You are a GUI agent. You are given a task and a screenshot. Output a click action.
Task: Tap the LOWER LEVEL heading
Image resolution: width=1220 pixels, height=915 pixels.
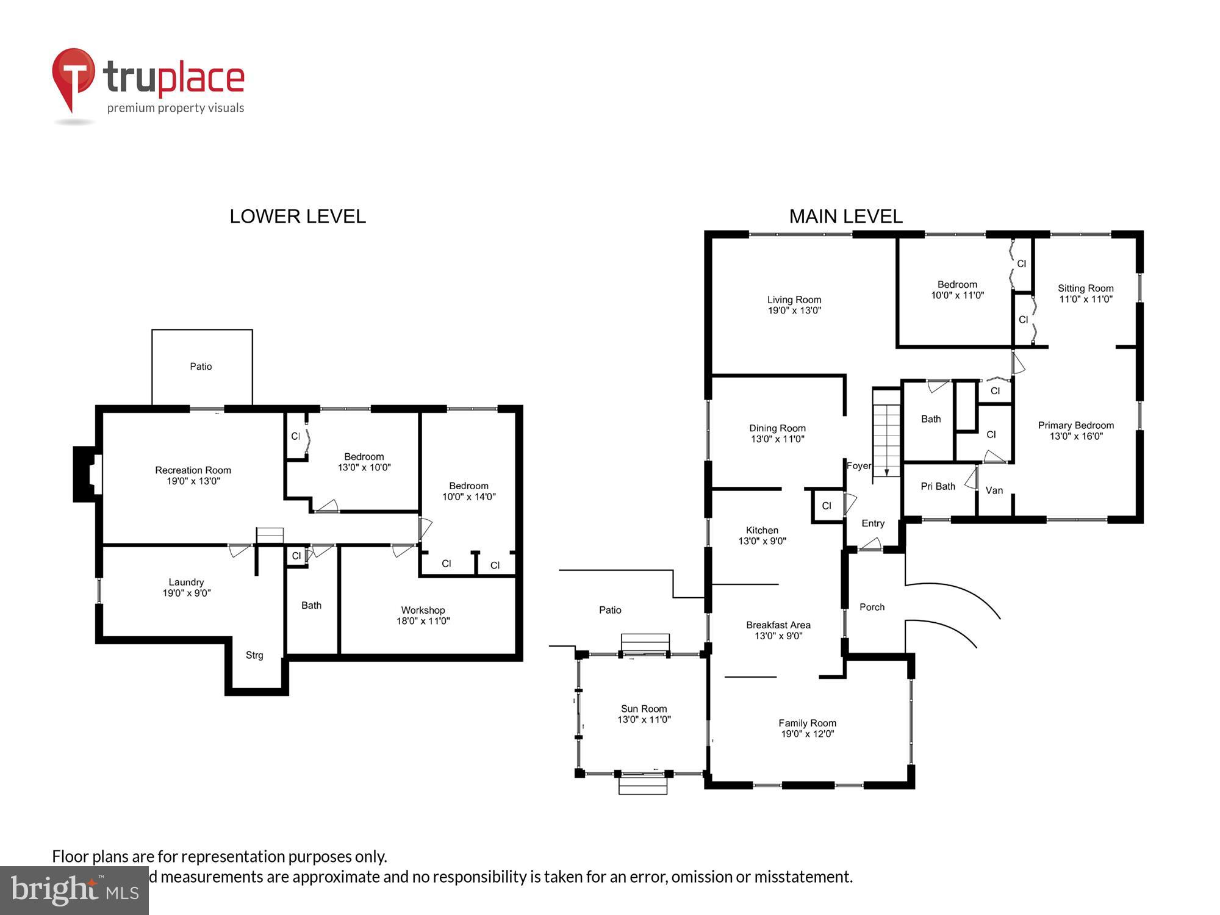(298, 217)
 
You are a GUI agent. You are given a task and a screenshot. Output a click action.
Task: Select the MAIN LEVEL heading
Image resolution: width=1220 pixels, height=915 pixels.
(845, 217)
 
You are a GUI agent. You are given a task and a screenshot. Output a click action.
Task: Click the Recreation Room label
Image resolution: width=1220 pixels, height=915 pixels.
(193, 470)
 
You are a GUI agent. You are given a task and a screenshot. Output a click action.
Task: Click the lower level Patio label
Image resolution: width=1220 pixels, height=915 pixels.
(201, 367)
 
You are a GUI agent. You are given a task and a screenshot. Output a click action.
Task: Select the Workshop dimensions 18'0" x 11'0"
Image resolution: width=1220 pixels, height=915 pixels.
(423, 622)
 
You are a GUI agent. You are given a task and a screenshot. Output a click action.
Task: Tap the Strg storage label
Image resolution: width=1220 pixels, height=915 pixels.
(254, 655)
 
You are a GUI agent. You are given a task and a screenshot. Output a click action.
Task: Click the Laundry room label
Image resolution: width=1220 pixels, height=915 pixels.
(186, 583)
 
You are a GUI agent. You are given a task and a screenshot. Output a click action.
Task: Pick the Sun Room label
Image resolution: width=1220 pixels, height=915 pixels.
(644, 709)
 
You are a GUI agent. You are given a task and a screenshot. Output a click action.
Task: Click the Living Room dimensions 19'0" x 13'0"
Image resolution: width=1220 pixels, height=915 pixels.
(794, 310)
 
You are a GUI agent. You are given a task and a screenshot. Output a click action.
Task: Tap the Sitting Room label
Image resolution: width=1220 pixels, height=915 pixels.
(1085, 289)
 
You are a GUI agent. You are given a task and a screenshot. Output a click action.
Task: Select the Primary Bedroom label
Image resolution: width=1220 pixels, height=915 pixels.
(1075, 426)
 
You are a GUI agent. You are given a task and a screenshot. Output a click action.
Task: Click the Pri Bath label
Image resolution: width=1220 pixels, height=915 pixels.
(938, 486)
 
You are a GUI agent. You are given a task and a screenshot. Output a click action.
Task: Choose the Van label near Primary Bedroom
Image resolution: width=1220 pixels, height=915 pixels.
(994, 490)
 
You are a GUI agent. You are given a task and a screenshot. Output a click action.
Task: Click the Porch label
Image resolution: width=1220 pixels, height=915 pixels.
(872, 607)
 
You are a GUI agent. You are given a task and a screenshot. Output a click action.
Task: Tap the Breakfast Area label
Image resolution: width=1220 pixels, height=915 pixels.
(778, 625)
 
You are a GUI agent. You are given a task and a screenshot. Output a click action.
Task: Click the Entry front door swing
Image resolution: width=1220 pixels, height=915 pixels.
(870, 545)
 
